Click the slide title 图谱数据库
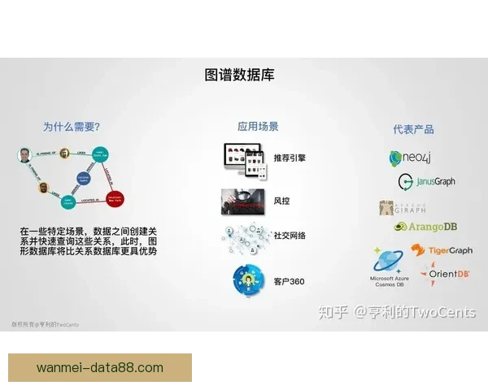[x=240, y=76]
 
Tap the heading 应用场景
[x=258, y=127]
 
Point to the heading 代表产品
[x=413, y=129]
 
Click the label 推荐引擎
[x=290, y=157]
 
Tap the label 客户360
[x=289, y=281]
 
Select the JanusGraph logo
[x=426, y=181]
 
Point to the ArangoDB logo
[x=425, y=227]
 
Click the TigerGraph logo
[x=451, y=251]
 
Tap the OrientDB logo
[x=446, y=272]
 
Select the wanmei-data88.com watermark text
[x=100, y=367]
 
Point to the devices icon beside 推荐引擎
[x=243, y=156]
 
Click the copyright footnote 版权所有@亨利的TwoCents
[x=46, y=324]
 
